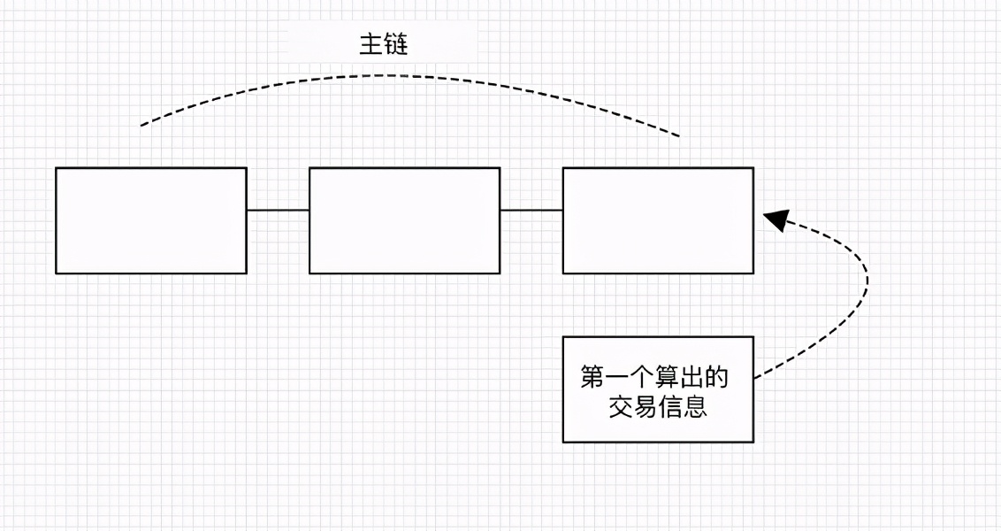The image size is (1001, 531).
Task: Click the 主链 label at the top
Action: click(x=383, y=45)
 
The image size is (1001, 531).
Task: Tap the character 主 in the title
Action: click(x=371, y=45)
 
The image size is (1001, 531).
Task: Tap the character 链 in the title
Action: click(x=396, y=45)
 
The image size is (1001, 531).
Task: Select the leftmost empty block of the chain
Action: click(x=151, y=220)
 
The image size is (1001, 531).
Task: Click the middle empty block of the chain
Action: click(x=404, y=220)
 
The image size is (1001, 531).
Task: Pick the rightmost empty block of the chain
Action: click(x=658, y=220)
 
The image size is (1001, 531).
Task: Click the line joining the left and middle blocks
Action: click(x=278, y=211)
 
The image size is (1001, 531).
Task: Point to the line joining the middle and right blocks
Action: click(x=531, y=211)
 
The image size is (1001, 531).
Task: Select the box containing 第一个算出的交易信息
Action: click(x=658, y=389)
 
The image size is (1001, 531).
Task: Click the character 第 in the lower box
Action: click(x=592, y=378)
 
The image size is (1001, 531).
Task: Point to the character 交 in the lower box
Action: click(x=619, y=407)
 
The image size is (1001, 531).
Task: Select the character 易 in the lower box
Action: click(x=645, y=407)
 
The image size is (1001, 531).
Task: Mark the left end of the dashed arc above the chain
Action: click(x=141, y=125)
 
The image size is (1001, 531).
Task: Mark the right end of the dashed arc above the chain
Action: click(x=679, y=136)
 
